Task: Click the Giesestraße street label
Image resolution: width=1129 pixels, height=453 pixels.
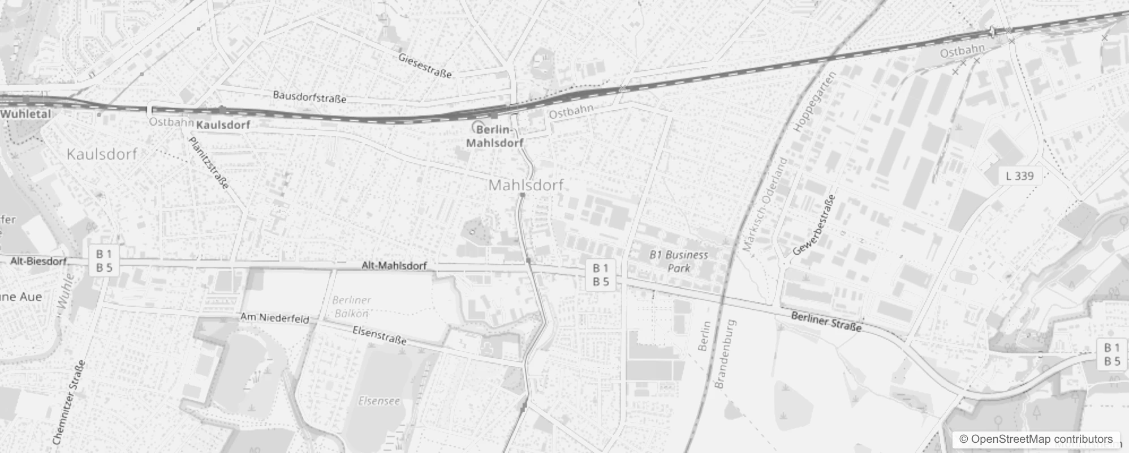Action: point(425,66)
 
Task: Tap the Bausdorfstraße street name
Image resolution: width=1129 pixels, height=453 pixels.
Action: point(309,97)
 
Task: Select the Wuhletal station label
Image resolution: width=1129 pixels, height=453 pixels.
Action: point(25,114)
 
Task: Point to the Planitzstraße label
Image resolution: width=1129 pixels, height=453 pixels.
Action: point(209,163)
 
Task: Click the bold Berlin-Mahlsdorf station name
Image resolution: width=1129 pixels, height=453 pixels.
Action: point(495,136)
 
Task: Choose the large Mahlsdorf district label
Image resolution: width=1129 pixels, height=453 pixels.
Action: point(526,185)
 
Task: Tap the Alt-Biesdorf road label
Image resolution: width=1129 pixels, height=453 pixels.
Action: point(38,261)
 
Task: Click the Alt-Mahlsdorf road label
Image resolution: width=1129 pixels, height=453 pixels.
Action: point(394,265)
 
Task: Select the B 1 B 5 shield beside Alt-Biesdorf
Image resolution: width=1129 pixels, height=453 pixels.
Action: point(104,261)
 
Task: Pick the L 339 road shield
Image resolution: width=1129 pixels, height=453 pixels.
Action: point(1020,176)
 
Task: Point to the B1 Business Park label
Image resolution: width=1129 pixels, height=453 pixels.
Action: point(679,261)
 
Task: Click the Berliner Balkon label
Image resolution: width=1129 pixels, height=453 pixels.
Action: point(351,306)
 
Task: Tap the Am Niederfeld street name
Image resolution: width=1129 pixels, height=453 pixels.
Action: point(275,318)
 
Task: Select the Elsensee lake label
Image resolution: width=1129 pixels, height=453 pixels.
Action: point(379,401)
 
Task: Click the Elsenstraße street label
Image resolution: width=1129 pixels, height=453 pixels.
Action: point(380,335)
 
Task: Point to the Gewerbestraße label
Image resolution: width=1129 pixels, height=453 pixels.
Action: point(814,225)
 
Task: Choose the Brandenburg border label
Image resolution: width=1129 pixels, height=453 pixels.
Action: point(726,354)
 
